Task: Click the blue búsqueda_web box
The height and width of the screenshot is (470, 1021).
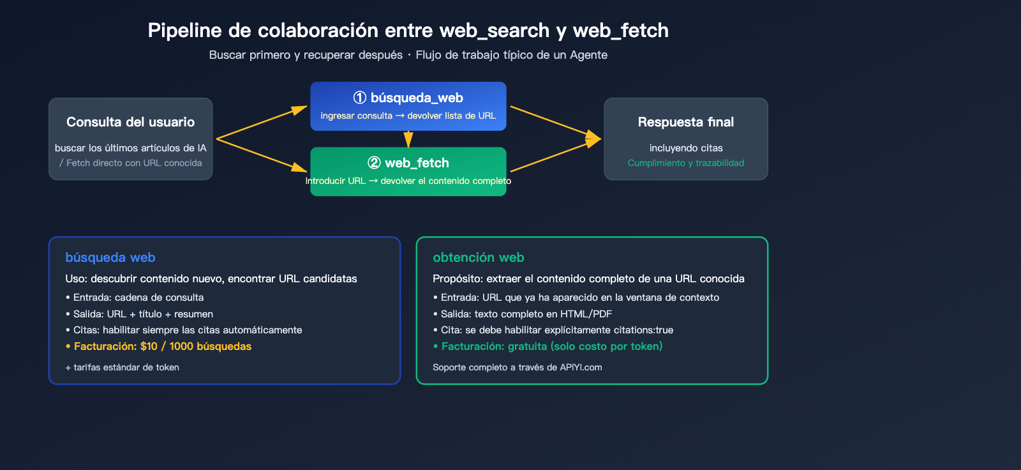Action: (408, 106)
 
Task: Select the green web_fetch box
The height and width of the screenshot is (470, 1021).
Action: (408, 171)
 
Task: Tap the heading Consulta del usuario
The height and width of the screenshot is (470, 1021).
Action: (130, 122)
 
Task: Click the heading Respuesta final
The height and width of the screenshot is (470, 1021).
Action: (685, 122)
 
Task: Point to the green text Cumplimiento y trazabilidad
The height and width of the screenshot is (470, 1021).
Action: (685, 163)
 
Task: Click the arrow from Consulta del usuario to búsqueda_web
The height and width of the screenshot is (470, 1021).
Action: (262, 123)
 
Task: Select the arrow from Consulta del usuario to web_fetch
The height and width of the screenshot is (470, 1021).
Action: (262, 155)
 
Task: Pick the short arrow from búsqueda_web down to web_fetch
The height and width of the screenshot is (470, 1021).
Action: (408, 139)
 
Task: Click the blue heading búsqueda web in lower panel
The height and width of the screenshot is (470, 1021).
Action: (110, 257)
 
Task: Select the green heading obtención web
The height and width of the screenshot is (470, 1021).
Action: (478, 257)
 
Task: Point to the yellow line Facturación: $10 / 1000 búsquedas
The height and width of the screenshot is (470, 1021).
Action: (162, 346)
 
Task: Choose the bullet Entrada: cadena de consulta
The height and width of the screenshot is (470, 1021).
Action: (138, 298)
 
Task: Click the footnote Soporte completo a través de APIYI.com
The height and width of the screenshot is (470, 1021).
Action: (517, 367)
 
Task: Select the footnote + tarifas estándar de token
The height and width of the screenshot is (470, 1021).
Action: (122, 367)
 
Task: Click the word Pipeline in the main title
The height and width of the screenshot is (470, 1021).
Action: (184, 31)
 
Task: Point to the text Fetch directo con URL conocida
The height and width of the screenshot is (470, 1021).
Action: (134, 163)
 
